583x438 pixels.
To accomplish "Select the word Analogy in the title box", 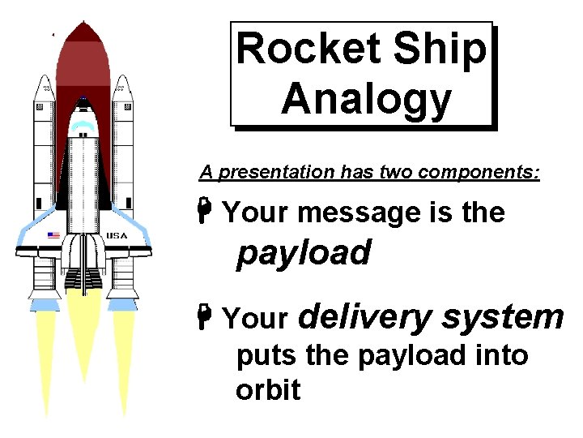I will click(365, 99).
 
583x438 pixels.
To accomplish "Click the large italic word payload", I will click(304, 253).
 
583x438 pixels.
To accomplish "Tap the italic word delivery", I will click(365, 316).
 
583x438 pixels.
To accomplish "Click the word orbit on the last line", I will click(268, 390).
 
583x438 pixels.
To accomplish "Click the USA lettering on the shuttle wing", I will click(116, 235).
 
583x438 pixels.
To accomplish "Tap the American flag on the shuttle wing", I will click(53, 235).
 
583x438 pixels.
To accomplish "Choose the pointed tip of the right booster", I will click(122, 79).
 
